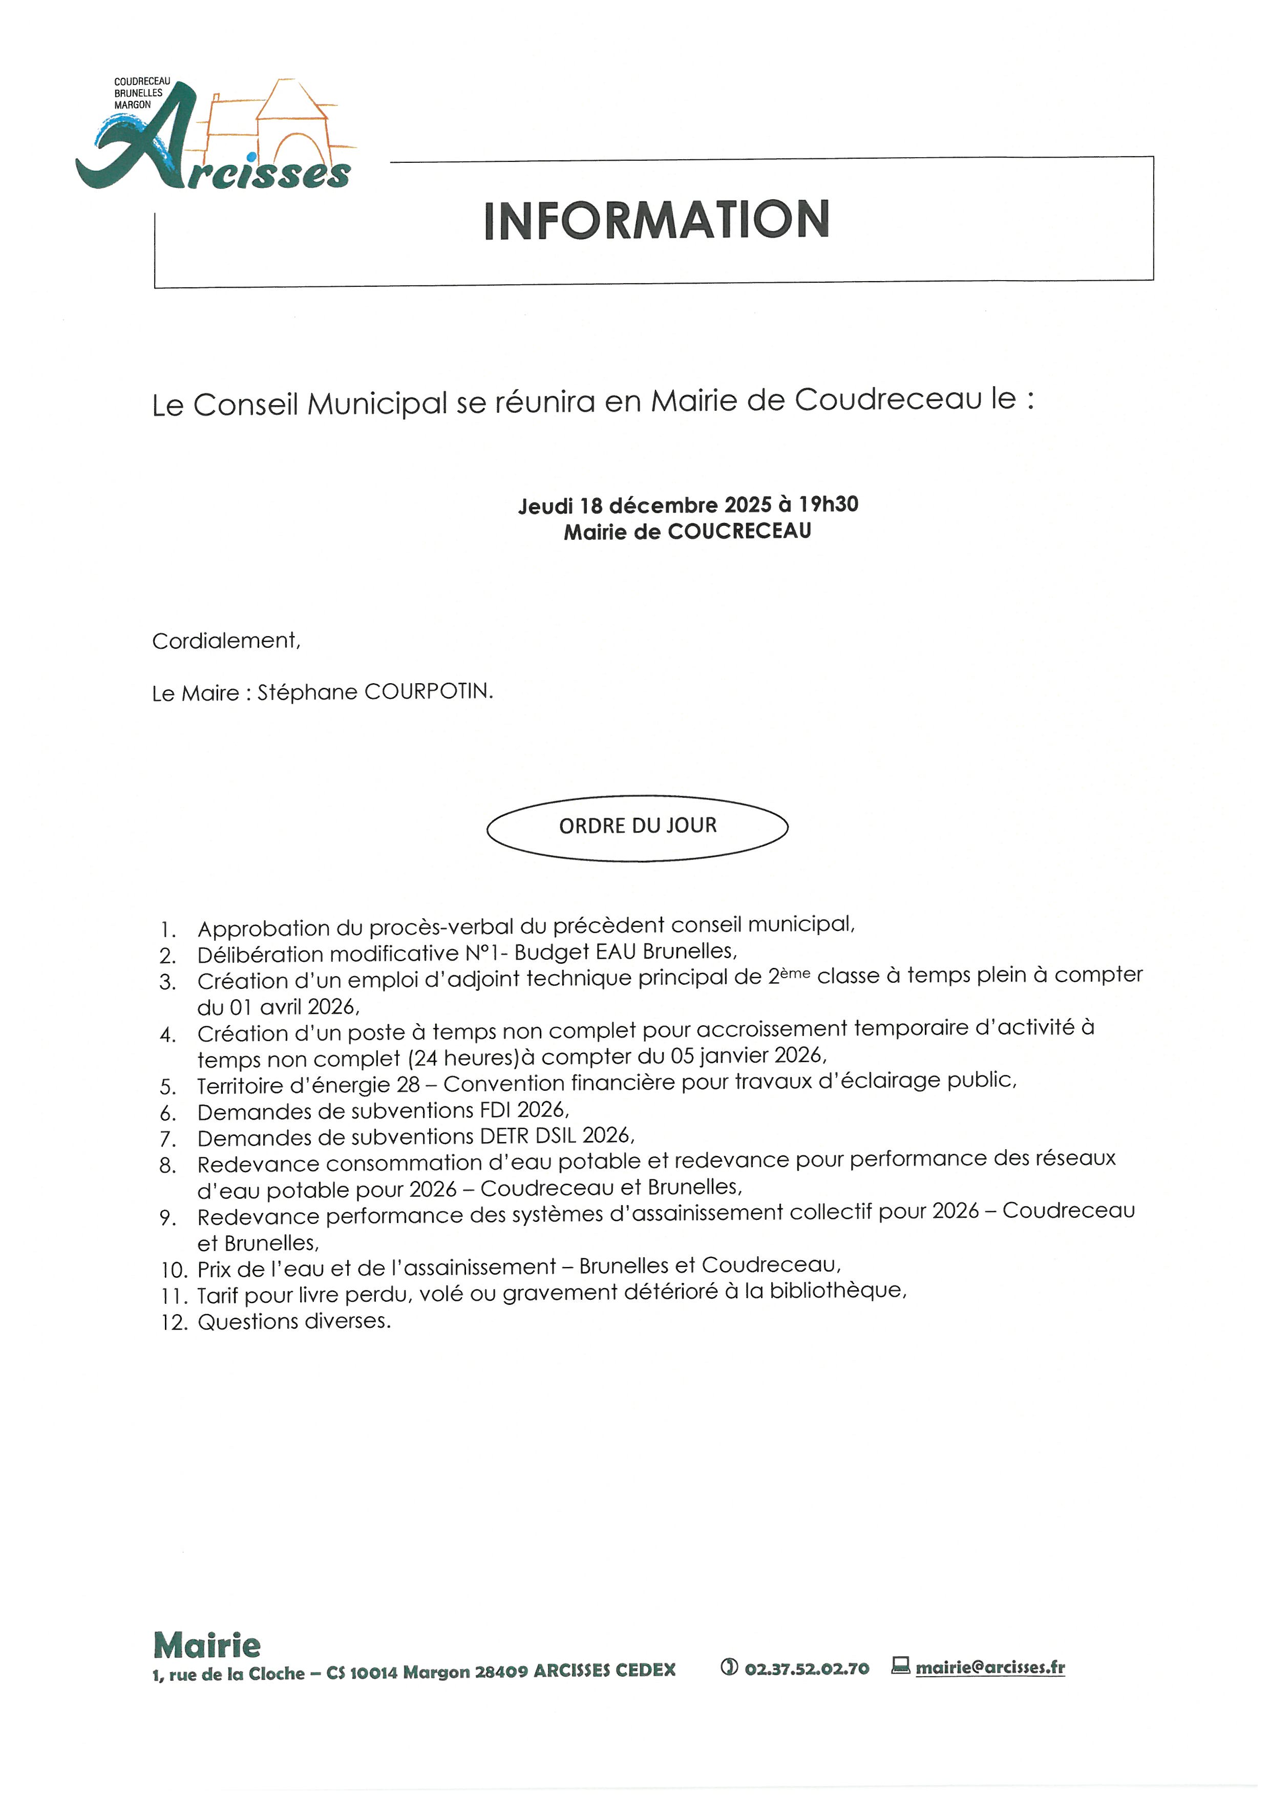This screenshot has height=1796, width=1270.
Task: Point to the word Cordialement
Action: click(x=225, y=641)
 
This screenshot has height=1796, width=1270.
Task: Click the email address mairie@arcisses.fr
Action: click(x=990, y=1667)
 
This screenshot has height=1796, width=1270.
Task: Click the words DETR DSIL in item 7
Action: click(x=528, y=1136)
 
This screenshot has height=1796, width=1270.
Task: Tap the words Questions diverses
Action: click(x=293, y=1321)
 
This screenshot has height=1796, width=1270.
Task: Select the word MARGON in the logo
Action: click(x=133, y=105)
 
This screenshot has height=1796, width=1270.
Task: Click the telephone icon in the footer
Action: click(x=729, y=1667)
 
